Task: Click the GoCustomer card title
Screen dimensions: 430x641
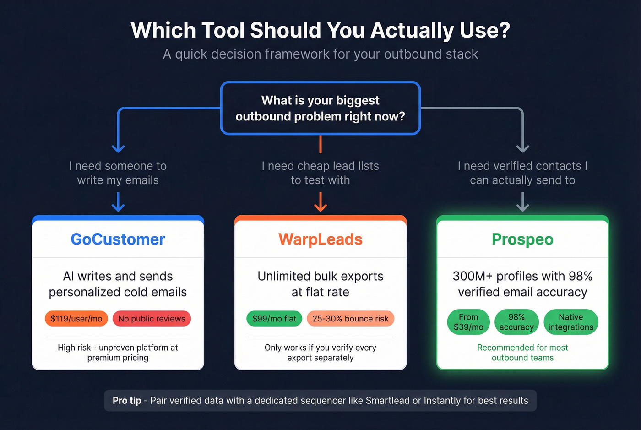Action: (118, 239)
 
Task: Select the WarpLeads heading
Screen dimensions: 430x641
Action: (320, 239)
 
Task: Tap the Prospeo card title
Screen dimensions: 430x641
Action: (522, 239)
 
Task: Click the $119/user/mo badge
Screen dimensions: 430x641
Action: (76, 319)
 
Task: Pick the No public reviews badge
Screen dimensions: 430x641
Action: (152, 319)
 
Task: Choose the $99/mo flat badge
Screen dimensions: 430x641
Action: (274, 319)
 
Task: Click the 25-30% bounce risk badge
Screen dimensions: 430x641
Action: (350, 319)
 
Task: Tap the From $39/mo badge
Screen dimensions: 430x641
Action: (468, 322)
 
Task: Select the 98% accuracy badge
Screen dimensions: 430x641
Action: (516, 322)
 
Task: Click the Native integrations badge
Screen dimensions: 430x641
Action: (570, 322)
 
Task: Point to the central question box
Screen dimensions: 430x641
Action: (320, 108)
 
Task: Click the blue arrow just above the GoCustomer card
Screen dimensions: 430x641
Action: (118, 202)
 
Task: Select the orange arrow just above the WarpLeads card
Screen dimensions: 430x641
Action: (320, 202)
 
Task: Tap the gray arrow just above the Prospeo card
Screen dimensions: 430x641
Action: (522, 202)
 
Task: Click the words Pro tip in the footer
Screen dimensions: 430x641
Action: (127, 401)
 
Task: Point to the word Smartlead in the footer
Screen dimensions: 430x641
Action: (387, 401)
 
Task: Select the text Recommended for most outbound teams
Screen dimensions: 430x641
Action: (522, 353)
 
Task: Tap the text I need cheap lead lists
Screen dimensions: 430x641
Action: (320, 166)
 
